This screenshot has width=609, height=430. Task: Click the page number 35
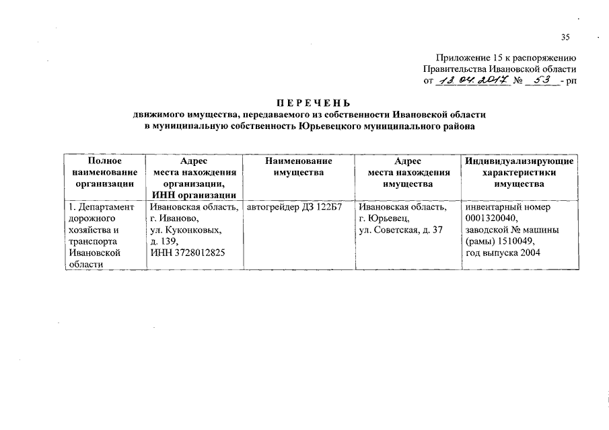(565, 36)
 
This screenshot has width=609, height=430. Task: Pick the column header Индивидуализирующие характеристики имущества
(518, 173)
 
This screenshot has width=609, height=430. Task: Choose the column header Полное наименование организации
(105, 172)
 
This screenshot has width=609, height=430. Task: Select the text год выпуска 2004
(503, 253)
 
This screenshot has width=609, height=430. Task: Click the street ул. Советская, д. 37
(400, 230)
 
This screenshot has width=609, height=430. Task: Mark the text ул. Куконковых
(184, 230)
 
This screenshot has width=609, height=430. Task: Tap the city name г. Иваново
(174, 219)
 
